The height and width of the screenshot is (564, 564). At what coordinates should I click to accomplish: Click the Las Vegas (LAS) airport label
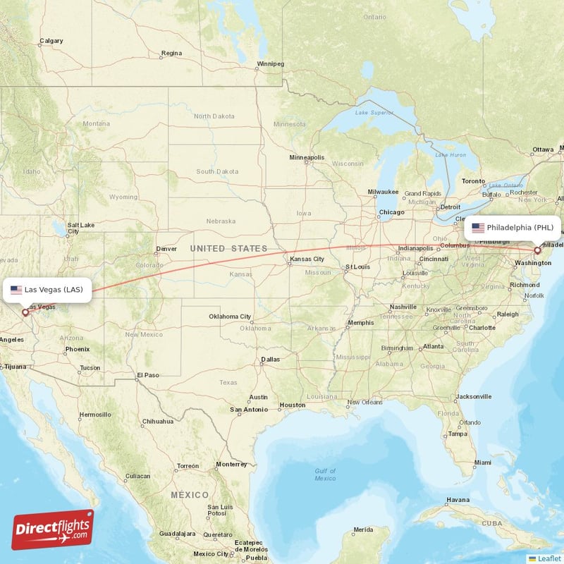48,290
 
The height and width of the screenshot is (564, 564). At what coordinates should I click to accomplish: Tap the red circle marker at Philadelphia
537,250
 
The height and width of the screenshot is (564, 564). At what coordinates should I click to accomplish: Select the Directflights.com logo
52,529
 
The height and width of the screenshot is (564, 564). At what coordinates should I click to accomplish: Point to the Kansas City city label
307,259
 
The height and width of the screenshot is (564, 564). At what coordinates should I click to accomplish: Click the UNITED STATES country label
228,248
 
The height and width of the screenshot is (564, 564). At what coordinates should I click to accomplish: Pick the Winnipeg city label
269,63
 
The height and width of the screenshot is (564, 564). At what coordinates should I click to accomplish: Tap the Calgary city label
51,41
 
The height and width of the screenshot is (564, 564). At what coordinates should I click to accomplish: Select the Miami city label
482,462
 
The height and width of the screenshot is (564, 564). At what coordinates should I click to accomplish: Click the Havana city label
458,500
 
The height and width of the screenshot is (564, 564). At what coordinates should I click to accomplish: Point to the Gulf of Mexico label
325,474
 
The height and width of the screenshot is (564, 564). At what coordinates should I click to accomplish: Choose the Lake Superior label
374,112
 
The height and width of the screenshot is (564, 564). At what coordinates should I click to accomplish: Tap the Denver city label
166,249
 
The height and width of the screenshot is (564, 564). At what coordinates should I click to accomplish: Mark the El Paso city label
149,375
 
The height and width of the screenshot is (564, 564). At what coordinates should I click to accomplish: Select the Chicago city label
391,212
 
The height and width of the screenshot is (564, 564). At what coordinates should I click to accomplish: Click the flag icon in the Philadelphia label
478,228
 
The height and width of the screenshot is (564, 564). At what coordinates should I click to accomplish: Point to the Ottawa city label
542,149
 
